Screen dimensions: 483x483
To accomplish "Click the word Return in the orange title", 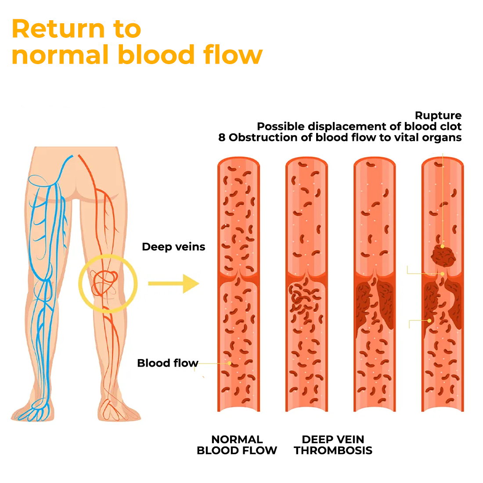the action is point(59,29).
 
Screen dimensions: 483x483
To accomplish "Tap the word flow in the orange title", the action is point(233,54).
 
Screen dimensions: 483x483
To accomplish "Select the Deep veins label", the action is point(173,247).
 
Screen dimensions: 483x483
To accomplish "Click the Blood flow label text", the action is point(168,363).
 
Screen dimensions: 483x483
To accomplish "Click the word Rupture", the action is point(438,115).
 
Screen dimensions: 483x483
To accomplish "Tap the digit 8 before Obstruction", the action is point(222,137).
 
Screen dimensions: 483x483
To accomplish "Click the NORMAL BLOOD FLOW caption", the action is point(237,445).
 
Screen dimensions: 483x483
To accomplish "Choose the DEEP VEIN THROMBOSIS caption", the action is point(333,445).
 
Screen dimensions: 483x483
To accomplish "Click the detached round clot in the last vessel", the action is point(443,256).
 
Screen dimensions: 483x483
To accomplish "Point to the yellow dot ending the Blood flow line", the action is point(230,364).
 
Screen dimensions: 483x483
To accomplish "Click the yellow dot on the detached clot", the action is point(442,246).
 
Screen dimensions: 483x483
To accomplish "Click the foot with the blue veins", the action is point(32,410).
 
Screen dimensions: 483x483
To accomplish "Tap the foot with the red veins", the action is point(119,409).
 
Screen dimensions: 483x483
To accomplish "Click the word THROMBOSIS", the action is point(333,451).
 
